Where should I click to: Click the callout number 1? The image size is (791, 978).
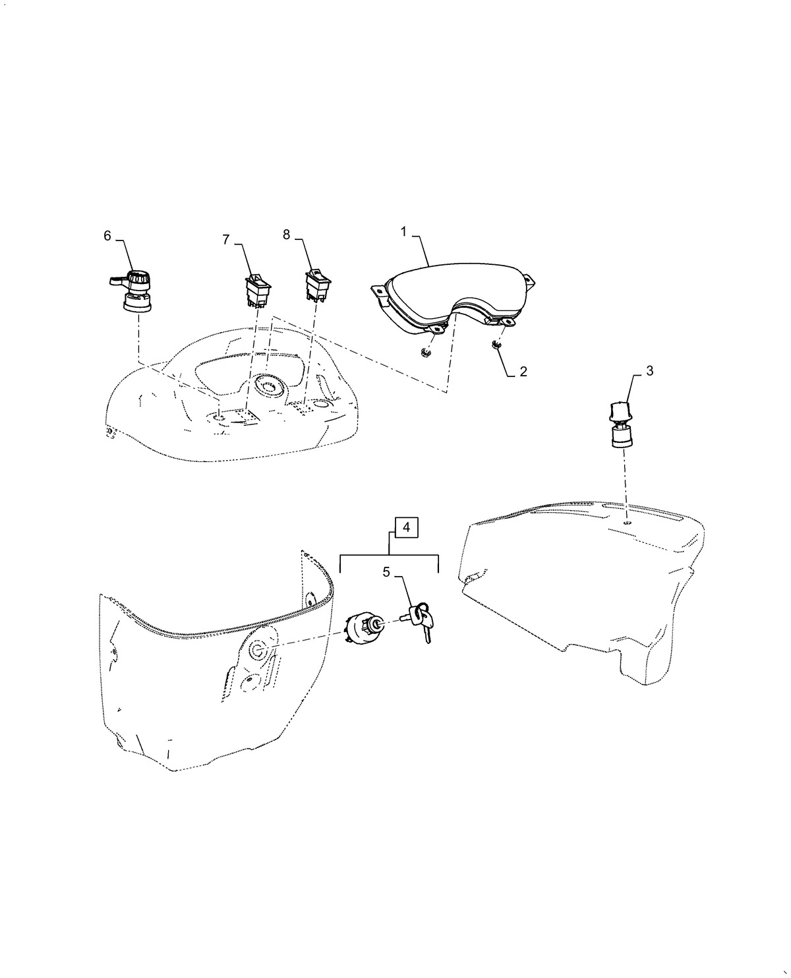[403, 232]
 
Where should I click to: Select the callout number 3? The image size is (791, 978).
[649, 370]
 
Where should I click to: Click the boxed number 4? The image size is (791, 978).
[406, 528]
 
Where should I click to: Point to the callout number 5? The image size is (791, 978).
[386, 572]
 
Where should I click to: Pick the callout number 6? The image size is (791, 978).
[107, 235]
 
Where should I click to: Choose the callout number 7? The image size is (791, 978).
[226, 240]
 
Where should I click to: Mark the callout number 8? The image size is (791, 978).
[287, 235]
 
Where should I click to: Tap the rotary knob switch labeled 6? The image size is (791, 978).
[132, 292]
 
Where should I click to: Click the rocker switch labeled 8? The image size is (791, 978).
[318, 285]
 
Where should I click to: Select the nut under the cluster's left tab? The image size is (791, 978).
[425, 353]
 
